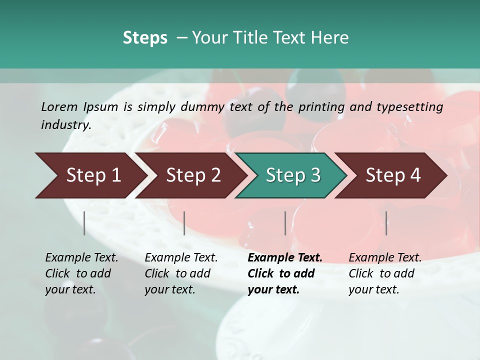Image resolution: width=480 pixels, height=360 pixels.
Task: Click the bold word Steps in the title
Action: coord(145,38)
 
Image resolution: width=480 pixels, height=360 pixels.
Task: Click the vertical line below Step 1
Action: coord(84,223)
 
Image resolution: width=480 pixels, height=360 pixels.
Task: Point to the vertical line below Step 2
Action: coord(184,223)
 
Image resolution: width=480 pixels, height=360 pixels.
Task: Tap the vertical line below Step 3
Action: coord(285,223)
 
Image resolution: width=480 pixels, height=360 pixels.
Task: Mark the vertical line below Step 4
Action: coord(386,223)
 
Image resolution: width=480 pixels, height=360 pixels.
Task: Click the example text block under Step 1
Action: coord(81,273)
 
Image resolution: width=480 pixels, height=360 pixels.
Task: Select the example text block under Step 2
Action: coord(181,273)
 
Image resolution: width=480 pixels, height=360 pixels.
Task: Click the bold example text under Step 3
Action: coord(284,273)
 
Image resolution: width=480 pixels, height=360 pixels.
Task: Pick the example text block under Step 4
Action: coord(385,273)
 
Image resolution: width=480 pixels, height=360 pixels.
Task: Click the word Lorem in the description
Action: coord(59,107)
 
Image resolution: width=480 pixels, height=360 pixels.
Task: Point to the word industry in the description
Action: coord(65,125)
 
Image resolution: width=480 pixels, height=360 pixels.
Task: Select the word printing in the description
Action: coord(320,107)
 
